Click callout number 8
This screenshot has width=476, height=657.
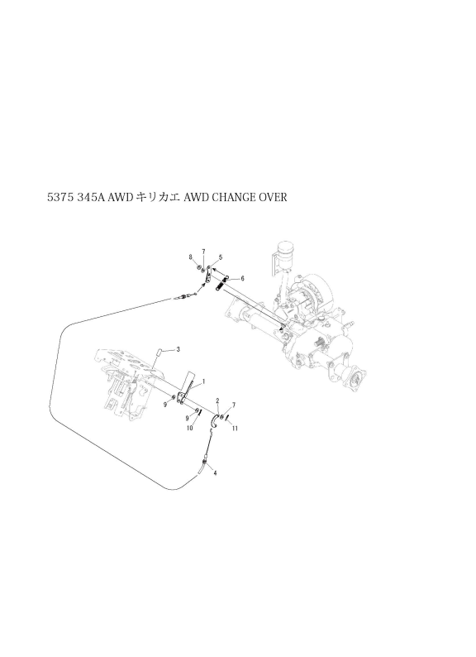tap(190, 257)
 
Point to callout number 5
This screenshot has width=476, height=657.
tap(220, 257)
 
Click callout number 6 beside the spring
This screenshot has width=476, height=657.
tap(242, 278)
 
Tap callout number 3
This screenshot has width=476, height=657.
tap(178, 348)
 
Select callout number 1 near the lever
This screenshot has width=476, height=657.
tap(203, 381)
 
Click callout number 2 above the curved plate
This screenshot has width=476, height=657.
tap(217, 401)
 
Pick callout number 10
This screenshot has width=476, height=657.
tap(189, 429)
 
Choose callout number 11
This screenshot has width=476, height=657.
tap(235, 429)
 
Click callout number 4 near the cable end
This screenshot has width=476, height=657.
tap(215, 473)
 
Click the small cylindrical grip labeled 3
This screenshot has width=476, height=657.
tap(159, 350)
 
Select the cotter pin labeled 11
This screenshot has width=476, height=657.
tap(228, 418)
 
